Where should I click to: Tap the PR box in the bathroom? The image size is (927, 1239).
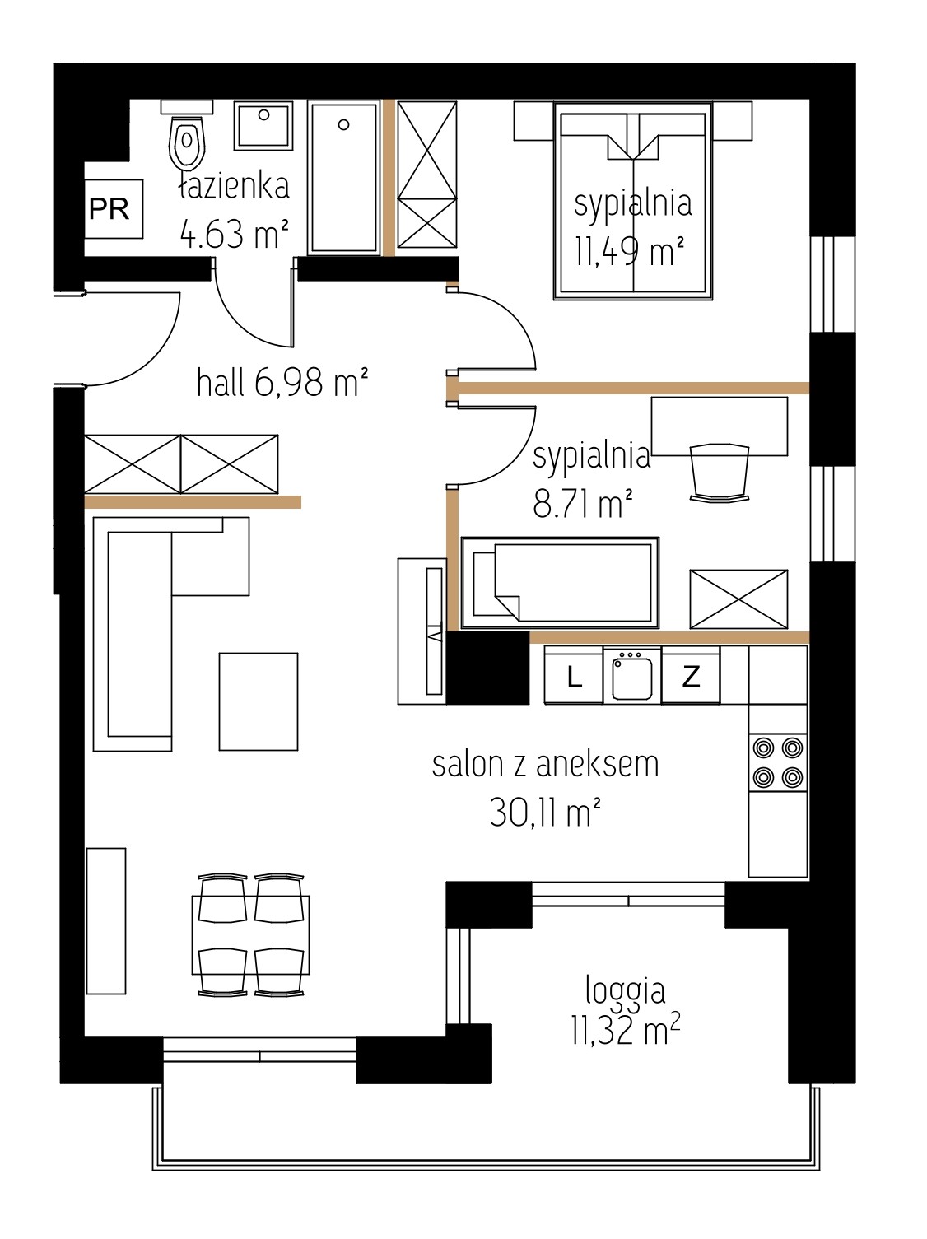pos(114,209)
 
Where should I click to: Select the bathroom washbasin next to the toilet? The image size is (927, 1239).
pos(263,126)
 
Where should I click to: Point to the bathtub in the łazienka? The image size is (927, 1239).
pos(343,177)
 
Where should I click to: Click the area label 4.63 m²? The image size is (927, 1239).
pos(235,234)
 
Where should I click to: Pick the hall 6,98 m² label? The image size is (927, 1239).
pos(282,382)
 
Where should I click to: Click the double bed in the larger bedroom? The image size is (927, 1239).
pos(632,200)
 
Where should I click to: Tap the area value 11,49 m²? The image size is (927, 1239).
pos(630,250)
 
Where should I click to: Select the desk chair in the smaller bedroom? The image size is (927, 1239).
pos(720,473)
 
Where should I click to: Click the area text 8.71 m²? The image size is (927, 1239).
pos(582,504)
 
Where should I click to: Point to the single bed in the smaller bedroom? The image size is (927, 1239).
pos(560,583)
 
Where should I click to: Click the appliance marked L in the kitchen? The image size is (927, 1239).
pos(574,675)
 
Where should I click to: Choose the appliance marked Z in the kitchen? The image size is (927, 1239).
pos(691,675)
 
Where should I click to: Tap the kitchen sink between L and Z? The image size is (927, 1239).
pos(632,675)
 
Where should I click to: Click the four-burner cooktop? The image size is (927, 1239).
pos(778,762)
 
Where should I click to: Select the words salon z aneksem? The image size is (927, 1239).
pos(545,765)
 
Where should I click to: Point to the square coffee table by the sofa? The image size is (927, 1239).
pos(259,701)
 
